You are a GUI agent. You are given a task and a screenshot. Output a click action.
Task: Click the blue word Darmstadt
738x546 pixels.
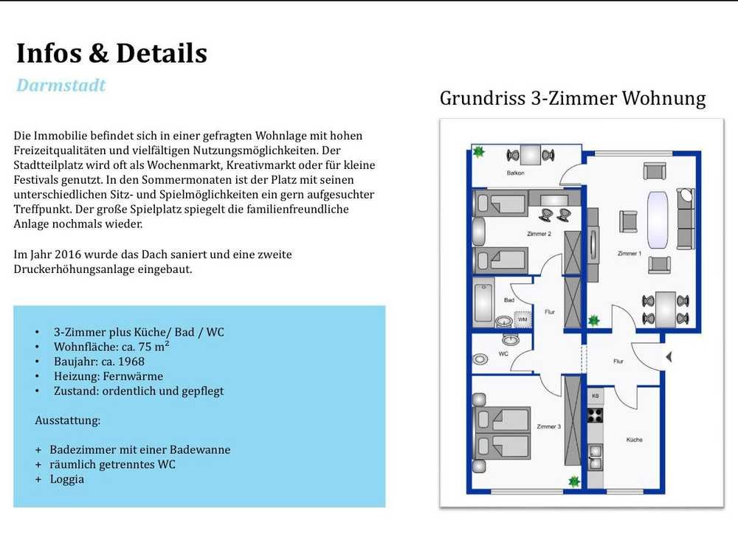pos(61,85)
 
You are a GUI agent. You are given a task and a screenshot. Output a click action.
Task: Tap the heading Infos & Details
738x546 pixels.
pos(111,52)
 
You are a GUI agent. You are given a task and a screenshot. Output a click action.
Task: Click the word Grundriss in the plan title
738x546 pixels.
pos(483,98)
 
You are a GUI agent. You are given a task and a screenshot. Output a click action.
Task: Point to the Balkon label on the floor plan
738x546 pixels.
pos(515,173)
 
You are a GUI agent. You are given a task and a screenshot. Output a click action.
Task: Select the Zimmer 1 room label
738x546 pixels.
pos(630,253)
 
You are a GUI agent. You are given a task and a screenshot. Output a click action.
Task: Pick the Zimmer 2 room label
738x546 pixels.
pos(539,233)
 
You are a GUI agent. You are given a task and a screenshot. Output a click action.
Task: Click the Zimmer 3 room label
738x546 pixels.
pos(549,426)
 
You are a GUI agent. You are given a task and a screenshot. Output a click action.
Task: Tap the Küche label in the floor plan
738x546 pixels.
pos(634,440)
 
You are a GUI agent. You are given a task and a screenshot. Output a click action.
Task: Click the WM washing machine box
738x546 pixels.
pos(523,319)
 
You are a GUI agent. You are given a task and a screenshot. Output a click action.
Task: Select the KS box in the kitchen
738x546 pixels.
pos(595,396)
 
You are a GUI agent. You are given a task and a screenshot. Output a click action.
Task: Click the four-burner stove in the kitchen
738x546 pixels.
pos(595,415)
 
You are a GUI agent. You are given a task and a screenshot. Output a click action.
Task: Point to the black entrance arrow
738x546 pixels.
pos(669,357)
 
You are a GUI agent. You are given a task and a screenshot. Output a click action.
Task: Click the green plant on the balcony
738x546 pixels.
pos(479,151)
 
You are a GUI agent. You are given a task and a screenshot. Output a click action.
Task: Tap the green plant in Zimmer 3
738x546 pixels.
pos(573,481)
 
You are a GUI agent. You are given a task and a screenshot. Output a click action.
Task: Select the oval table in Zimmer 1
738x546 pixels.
pos(658,220)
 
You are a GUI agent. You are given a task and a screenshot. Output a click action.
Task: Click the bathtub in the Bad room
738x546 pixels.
pos(483,303)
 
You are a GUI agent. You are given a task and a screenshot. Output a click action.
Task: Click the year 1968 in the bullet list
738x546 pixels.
pos(131,362)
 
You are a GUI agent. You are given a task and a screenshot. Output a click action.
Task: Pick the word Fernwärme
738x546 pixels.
pos(133,376)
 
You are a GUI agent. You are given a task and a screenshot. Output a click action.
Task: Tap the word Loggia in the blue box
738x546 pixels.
pos(67,480)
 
